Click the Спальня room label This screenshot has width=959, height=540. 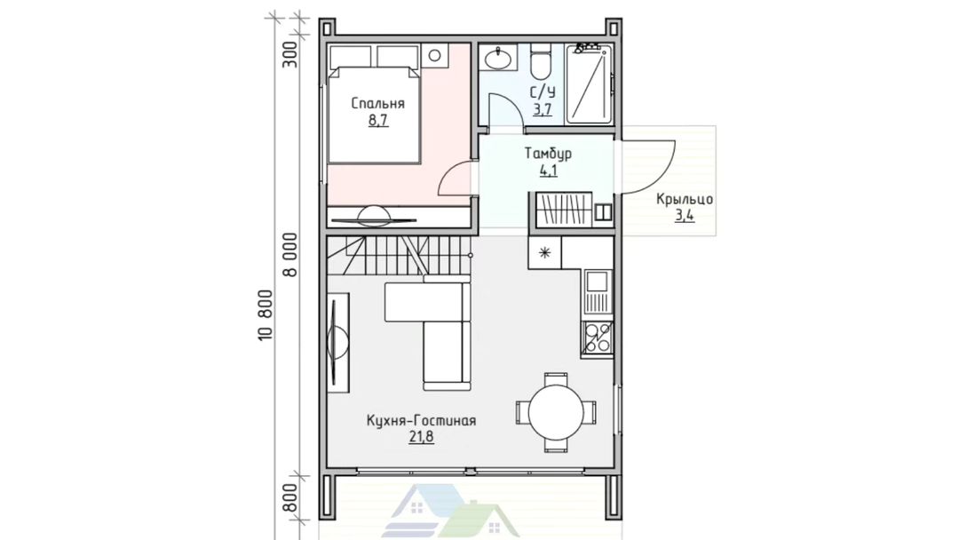coord(378,103)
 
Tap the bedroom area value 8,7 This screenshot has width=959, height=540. coord(378,120)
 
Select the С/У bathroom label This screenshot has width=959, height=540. coord(543,93)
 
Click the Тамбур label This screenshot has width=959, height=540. coord(548,154)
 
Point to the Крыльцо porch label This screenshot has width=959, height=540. coord(685,199)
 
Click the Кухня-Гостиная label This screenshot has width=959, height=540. coord(422,421)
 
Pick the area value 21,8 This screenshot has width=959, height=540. coord(422,437)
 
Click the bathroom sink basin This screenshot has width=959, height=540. coord(498,60)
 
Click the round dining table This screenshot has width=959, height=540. coord(555,411)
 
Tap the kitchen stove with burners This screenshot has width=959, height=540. coord(597,338)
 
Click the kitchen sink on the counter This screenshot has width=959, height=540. coord(597,291)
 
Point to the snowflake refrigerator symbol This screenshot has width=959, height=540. coord(544,252)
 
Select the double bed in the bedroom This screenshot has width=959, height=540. coord(374,114)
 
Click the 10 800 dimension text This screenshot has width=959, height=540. coord(265,315)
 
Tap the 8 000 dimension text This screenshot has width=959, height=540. coord(291,254)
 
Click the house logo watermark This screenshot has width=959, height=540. coord(451,511)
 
